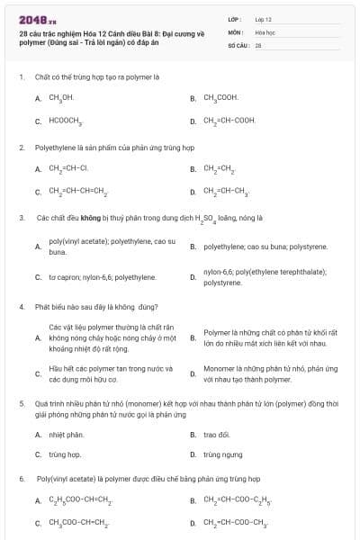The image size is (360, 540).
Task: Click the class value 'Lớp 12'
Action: [263, 18]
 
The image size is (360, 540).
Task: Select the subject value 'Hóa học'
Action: [264, 31]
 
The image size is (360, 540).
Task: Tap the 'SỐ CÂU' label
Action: [237, 44]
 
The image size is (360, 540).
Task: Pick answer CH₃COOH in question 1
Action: [220, 97]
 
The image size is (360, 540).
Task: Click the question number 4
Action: [21, 307]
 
